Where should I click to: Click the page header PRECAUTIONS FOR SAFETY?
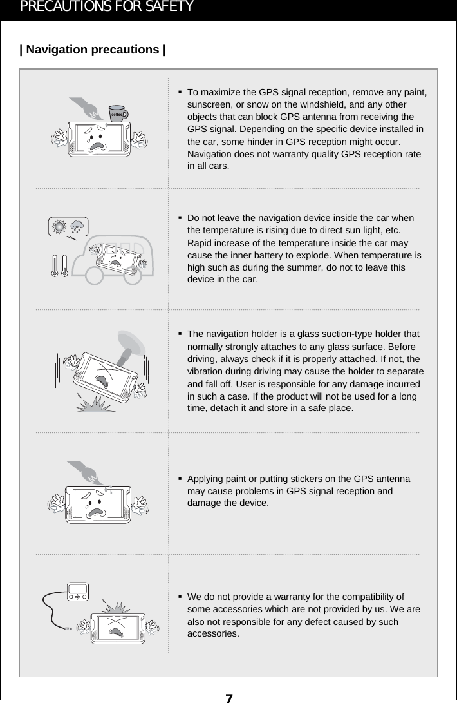point(106,7)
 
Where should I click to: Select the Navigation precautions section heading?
point(93,50)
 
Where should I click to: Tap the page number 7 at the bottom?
point(228,697)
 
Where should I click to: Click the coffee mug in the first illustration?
point(118,113)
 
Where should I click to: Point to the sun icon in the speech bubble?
point(60,227)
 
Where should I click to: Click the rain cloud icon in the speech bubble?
point(79,227)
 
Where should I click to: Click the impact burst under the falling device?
point(97,405)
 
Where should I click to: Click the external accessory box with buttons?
point(77,593)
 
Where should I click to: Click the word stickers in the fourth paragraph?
point(299,479)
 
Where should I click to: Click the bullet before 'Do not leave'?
point(181,218)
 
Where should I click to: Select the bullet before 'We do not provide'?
point(181,597)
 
